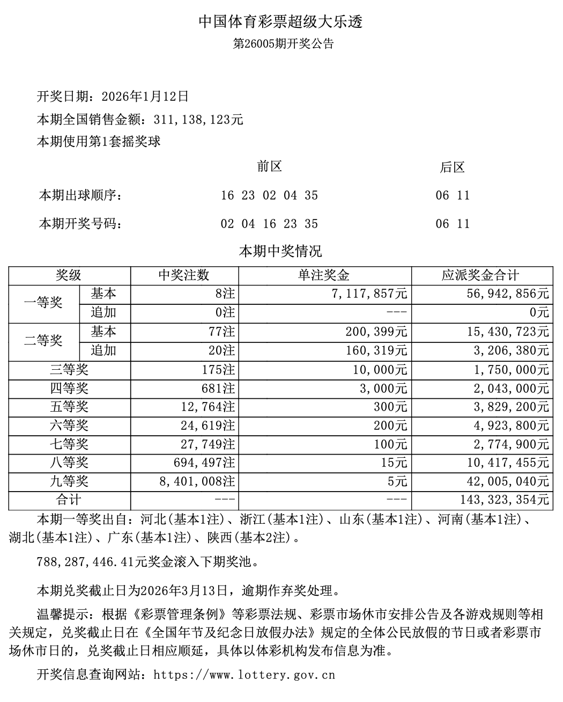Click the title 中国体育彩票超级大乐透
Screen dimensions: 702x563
(281, 22)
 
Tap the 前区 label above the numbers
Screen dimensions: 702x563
(269, 167)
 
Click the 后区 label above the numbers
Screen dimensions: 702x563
(452, 168)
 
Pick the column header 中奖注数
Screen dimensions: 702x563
(184, 276)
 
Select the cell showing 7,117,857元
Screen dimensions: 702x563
(370, 294)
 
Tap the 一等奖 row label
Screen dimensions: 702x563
(43, 303)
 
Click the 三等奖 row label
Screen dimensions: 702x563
(69, 370)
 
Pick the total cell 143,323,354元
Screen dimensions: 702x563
(505, 500)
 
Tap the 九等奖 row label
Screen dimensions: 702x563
(69, 481)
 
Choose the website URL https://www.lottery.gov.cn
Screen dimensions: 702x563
(244, 675)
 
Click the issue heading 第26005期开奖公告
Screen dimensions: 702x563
(283, 44)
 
